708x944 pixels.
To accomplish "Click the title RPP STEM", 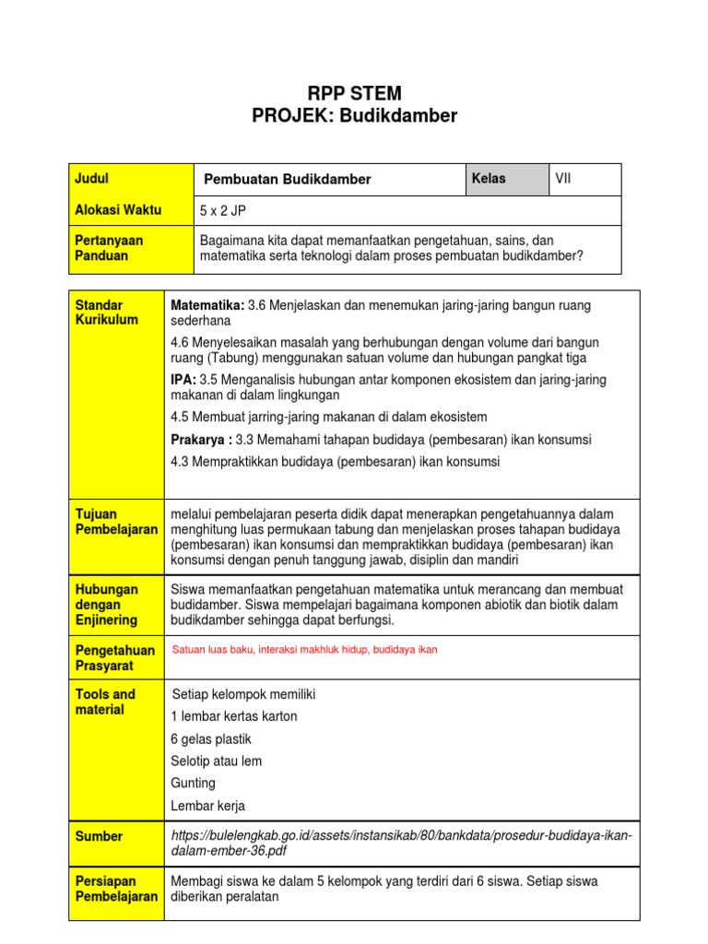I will [x=354, y=93].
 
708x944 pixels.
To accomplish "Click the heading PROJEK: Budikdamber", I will [x=354, y=115].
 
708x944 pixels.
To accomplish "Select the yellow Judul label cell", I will [x=131, y=179].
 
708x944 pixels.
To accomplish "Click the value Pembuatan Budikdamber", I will [x=287, y=180].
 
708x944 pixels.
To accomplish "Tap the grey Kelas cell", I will [x=506, y=179].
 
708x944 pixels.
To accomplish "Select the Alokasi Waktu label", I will [x=118, y=210].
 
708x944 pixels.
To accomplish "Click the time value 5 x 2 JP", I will [x=223, y=211].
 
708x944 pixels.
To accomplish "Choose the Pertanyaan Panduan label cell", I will [x=131, y=248].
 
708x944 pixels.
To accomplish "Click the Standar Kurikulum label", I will [x=106, y=312].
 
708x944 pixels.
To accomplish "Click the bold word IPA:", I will [x=183, y=380].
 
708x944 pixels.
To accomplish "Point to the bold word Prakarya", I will [x=200, y=439].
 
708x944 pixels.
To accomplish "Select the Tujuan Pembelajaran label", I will [x=116, y=522].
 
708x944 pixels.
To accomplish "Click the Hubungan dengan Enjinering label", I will [x=107, y=604].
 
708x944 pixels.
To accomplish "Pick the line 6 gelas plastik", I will [x=211, y=739].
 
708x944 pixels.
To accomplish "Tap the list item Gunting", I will [x=194, y=784].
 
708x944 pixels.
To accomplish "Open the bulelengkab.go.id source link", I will [x=401, y=844].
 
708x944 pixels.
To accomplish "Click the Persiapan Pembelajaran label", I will [x=116, y=889].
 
